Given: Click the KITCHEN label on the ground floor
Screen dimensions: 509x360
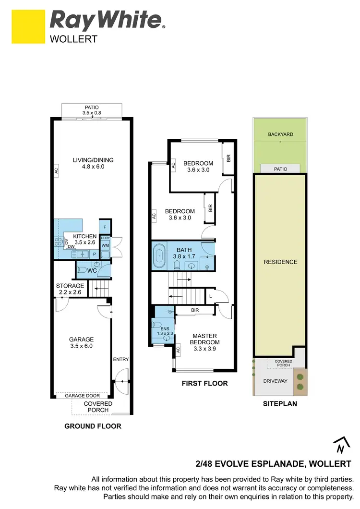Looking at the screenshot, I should point(84,240).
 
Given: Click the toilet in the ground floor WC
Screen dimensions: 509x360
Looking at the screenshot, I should point(82,271).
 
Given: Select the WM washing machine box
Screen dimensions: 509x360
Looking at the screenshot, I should point(105,246).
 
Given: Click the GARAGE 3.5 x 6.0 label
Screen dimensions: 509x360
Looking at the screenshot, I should point(81,342).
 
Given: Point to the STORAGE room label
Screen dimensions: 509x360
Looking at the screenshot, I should point(70,289).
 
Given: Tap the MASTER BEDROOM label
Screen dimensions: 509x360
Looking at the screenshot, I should point(205,339).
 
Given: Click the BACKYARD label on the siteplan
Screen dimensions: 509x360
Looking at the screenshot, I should point(280,134).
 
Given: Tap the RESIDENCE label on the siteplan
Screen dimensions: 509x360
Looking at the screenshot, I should point(280,262).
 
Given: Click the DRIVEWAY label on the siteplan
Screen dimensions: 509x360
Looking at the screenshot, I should point(275,381).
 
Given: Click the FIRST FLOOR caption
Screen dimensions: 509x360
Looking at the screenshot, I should point(204,383).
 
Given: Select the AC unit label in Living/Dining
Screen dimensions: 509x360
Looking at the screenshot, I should point(56,170).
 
